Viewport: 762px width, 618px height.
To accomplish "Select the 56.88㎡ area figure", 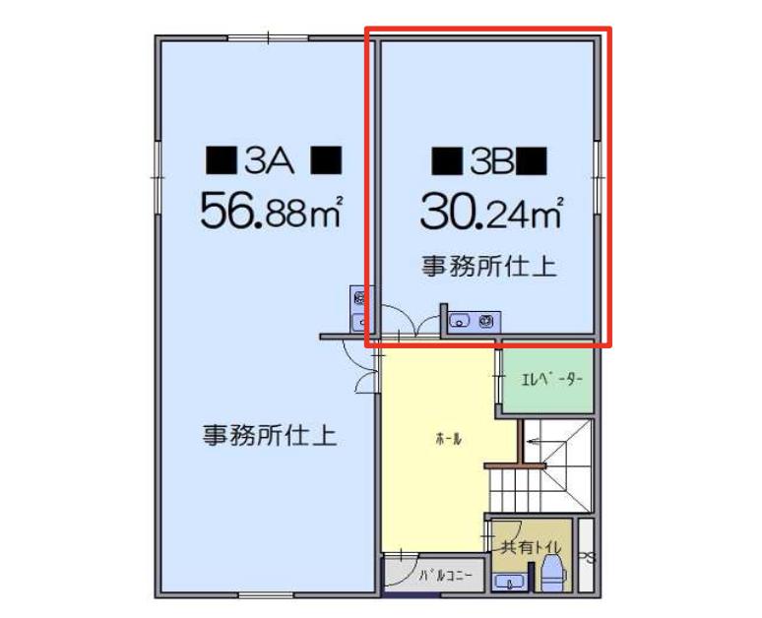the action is [271, 211].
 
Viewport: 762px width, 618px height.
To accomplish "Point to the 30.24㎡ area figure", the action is [492, 212].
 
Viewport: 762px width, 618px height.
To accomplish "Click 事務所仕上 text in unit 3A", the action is [270, 435].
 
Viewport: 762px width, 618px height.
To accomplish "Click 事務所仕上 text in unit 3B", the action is [488, 267].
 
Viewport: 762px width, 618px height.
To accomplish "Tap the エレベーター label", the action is [551, 379].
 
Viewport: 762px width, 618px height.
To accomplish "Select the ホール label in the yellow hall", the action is [449, 440].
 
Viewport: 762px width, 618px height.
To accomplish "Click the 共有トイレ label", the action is [532, 547].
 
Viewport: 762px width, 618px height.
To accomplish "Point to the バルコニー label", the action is [445, 577].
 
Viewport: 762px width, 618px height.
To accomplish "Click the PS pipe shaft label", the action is [588, 559].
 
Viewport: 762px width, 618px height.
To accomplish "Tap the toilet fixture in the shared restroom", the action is [553, 574].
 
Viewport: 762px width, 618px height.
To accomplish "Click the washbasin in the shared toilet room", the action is [508, 582].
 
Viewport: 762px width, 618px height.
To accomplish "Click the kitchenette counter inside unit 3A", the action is [361, 309].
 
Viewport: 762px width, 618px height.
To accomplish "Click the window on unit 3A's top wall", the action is [268, 38].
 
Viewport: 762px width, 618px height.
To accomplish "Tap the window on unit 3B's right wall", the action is [598, 178].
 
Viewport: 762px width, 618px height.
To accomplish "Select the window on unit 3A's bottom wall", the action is [268, 595].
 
